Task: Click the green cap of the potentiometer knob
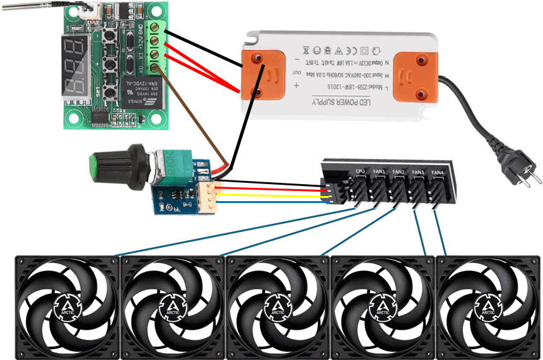(x=94, y=168)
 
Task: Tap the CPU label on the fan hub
(x=360, y=171)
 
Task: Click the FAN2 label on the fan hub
(x=399, y=171)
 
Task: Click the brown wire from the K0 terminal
(x=192, y=113)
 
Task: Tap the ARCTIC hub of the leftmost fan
(x=66, y=307)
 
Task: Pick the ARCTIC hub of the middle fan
(x=277, y=307)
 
